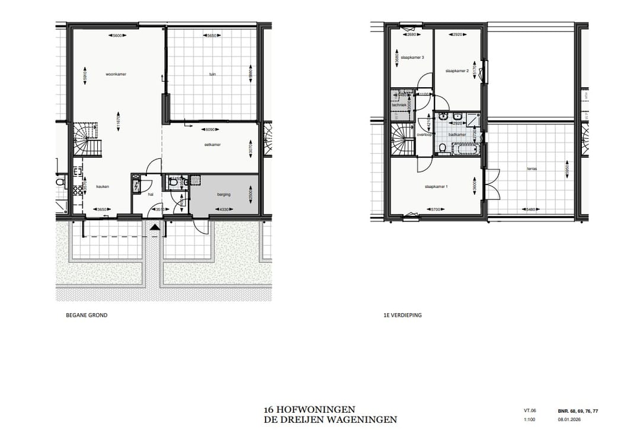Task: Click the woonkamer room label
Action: [117, 75]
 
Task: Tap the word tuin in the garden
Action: [212, 75]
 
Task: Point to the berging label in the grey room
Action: [223, 194]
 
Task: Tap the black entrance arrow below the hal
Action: [155, 227]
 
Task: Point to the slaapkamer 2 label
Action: [457, 71]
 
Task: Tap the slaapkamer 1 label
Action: [436, 187]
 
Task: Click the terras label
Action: [532, 168]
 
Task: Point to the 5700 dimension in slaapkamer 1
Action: [436, 209]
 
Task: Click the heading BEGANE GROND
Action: [87, 316]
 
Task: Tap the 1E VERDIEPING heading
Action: [403, 316]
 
